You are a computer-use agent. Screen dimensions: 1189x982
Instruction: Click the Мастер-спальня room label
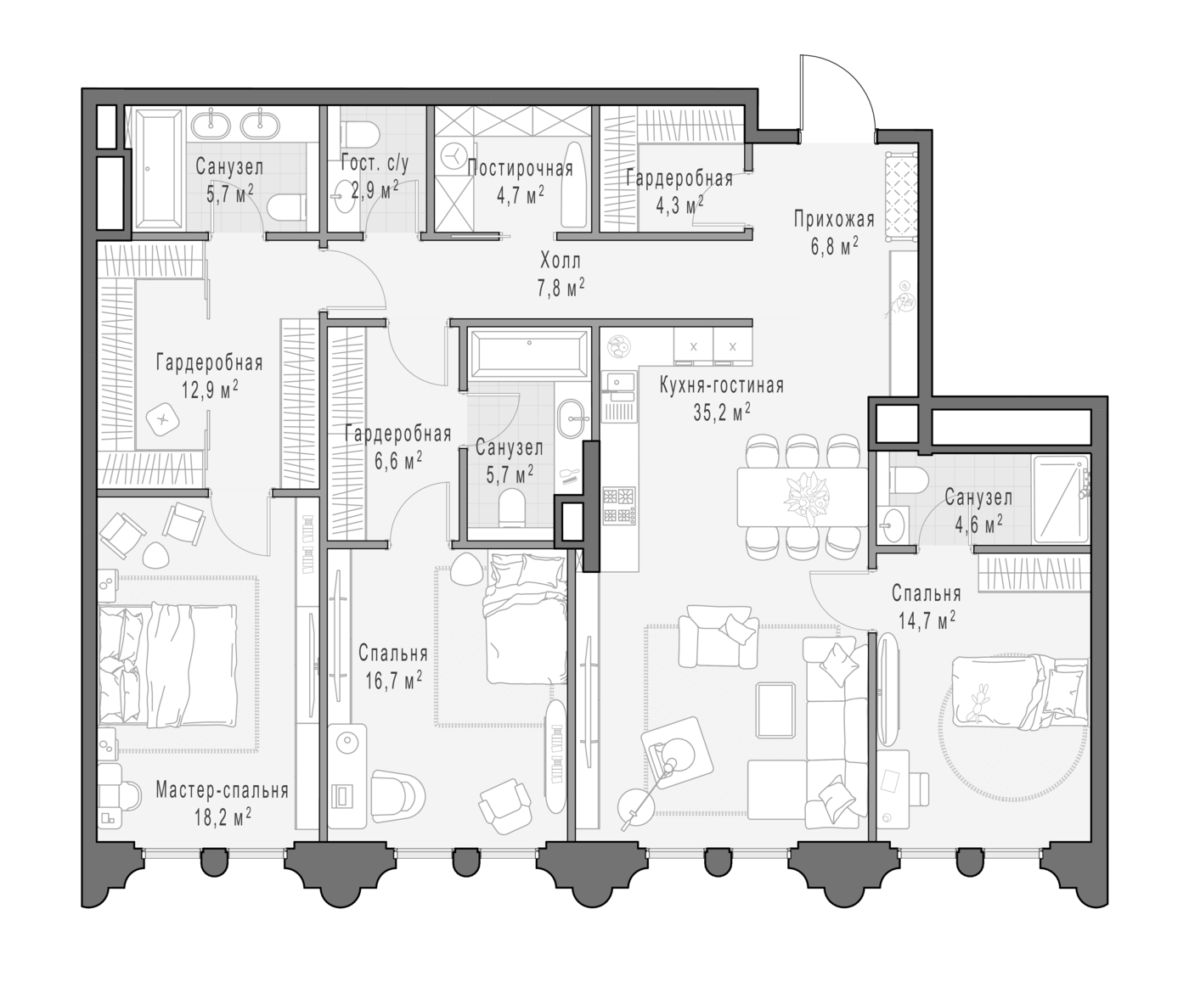pos(222,791)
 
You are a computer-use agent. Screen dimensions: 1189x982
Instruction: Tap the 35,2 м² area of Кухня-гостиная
pos(722,412)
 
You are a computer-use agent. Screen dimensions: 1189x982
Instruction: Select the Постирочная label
pos(520,169)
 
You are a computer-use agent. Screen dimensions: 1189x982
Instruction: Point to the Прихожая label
pos(834,219)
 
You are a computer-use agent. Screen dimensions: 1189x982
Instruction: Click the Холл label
pos(561,261)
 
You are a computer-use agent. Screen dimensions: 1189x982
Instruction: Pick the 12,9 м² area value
pos(210,390)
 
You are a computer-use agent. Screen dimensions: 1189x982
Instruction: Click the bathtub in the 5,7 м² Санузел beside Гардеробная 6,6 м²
pos(529,355)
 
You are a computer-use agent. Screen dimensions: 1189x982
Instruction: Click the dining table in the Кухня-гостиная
pos(802,497)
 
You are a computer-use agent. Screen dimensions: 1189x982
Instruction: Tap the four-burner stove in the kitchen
pos(619,506)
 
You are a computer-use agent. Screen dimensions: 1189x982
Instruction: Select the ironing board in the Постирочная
pos(573,185)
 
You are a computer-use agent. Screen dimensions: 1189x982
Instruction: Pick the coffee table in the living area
pos(775,710)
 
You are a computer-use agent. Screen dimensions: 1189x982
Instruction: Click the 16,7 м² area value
pos(393,681)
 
